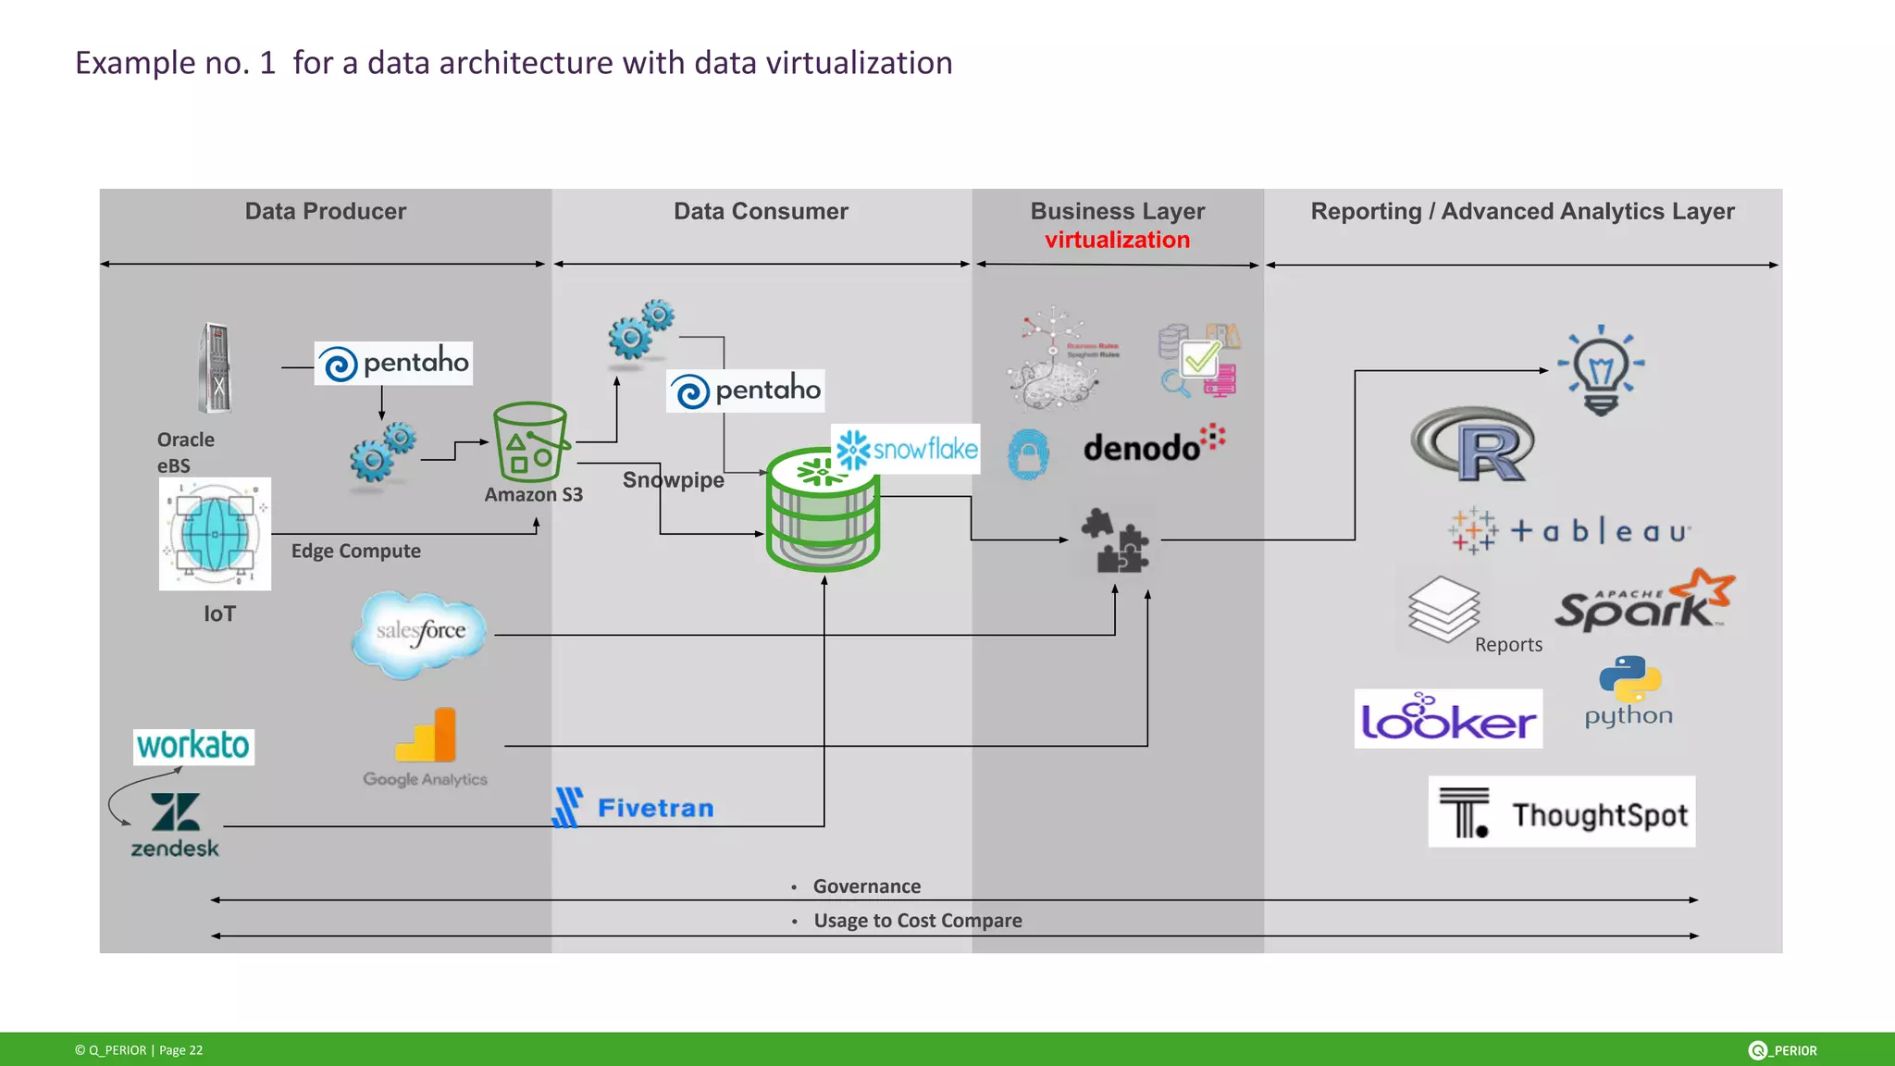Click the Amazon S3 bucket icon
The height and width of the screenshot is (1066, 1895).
(530, 441)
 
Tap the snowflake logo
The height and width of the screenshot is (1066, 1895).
(906, 450)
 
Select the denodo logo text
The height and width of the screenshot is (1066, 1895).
(1142, 448)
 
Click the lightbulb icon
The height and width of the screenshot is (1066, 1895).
(1601, 370)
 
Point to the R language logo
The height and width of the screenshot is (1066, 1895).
(1473, 444)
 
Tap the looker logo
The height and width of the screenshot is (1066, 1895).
(1448, 719)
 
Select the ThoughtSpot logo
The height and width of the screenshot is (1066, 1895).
(1562, 812)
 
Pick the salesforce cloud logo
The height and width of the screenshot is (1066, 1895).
(420, 633)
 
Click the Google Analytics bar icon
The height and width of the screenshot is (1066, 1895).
(427, 736)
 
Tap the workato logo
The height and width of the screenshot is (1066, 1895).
(193, 746)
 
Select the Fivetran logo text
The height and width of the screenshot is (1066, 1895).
(655, 809)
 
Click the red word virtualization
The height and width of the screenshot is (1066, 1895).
(1117, 241)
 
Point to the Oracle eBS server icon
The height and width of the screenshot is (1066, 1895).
(216, 368)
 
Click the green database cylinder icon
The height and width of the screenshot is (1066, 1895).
(823, 511)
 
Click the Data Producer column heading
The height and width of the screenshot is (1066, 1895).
(325, 212)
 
